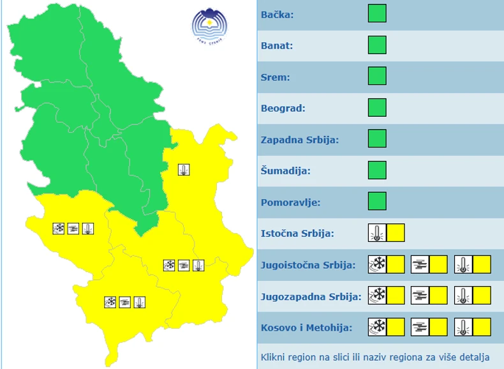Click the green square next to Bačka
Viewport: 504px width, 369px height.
(x=377, y=13)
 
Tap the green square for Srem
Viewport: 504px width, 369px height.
(x=377, y=76)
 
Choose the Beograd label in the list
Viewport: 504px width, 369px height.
(x=283, y=108)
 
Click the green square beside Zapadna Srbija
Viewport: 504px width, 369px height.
(x=377, y=139)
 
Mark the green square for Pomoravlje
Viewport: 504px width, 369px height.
(x=377, y=201)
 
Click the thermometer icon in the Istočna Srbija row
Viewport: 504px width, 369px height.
(x=377, y=233)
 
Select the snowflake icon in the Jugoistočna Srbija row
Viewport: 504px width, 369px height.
(x=378, y=264)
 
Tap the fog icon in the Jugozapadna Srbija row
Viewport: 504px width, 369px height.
(x=420, y=295)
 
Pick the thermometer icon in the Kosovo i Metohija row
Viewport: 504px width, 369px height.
(x=463, y=327)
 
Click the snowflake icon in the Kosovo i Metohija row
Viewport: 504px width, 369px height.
(x=378, y=327)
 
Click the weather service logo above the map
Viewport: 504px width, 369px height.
(x=210, y=26)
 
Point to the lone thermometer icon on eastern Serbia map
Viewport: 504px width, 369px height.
(x=184, y=170)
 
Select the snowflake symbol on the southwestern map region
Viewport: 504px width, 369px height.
(x=59, y=228)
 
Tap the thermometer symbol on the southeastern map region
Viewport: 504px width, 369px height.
(x=198, y=265)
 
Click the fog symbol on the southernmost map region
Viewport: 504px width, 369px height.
(x=125, y=301)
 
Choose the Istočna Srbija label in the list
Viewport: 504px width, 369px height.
(x=297, y=234)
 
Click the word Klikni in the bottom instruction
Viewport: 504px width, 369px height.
(x=274, y=357)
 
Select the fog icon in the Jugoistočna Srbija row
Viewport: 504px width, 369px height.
(x=420, y=264)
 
